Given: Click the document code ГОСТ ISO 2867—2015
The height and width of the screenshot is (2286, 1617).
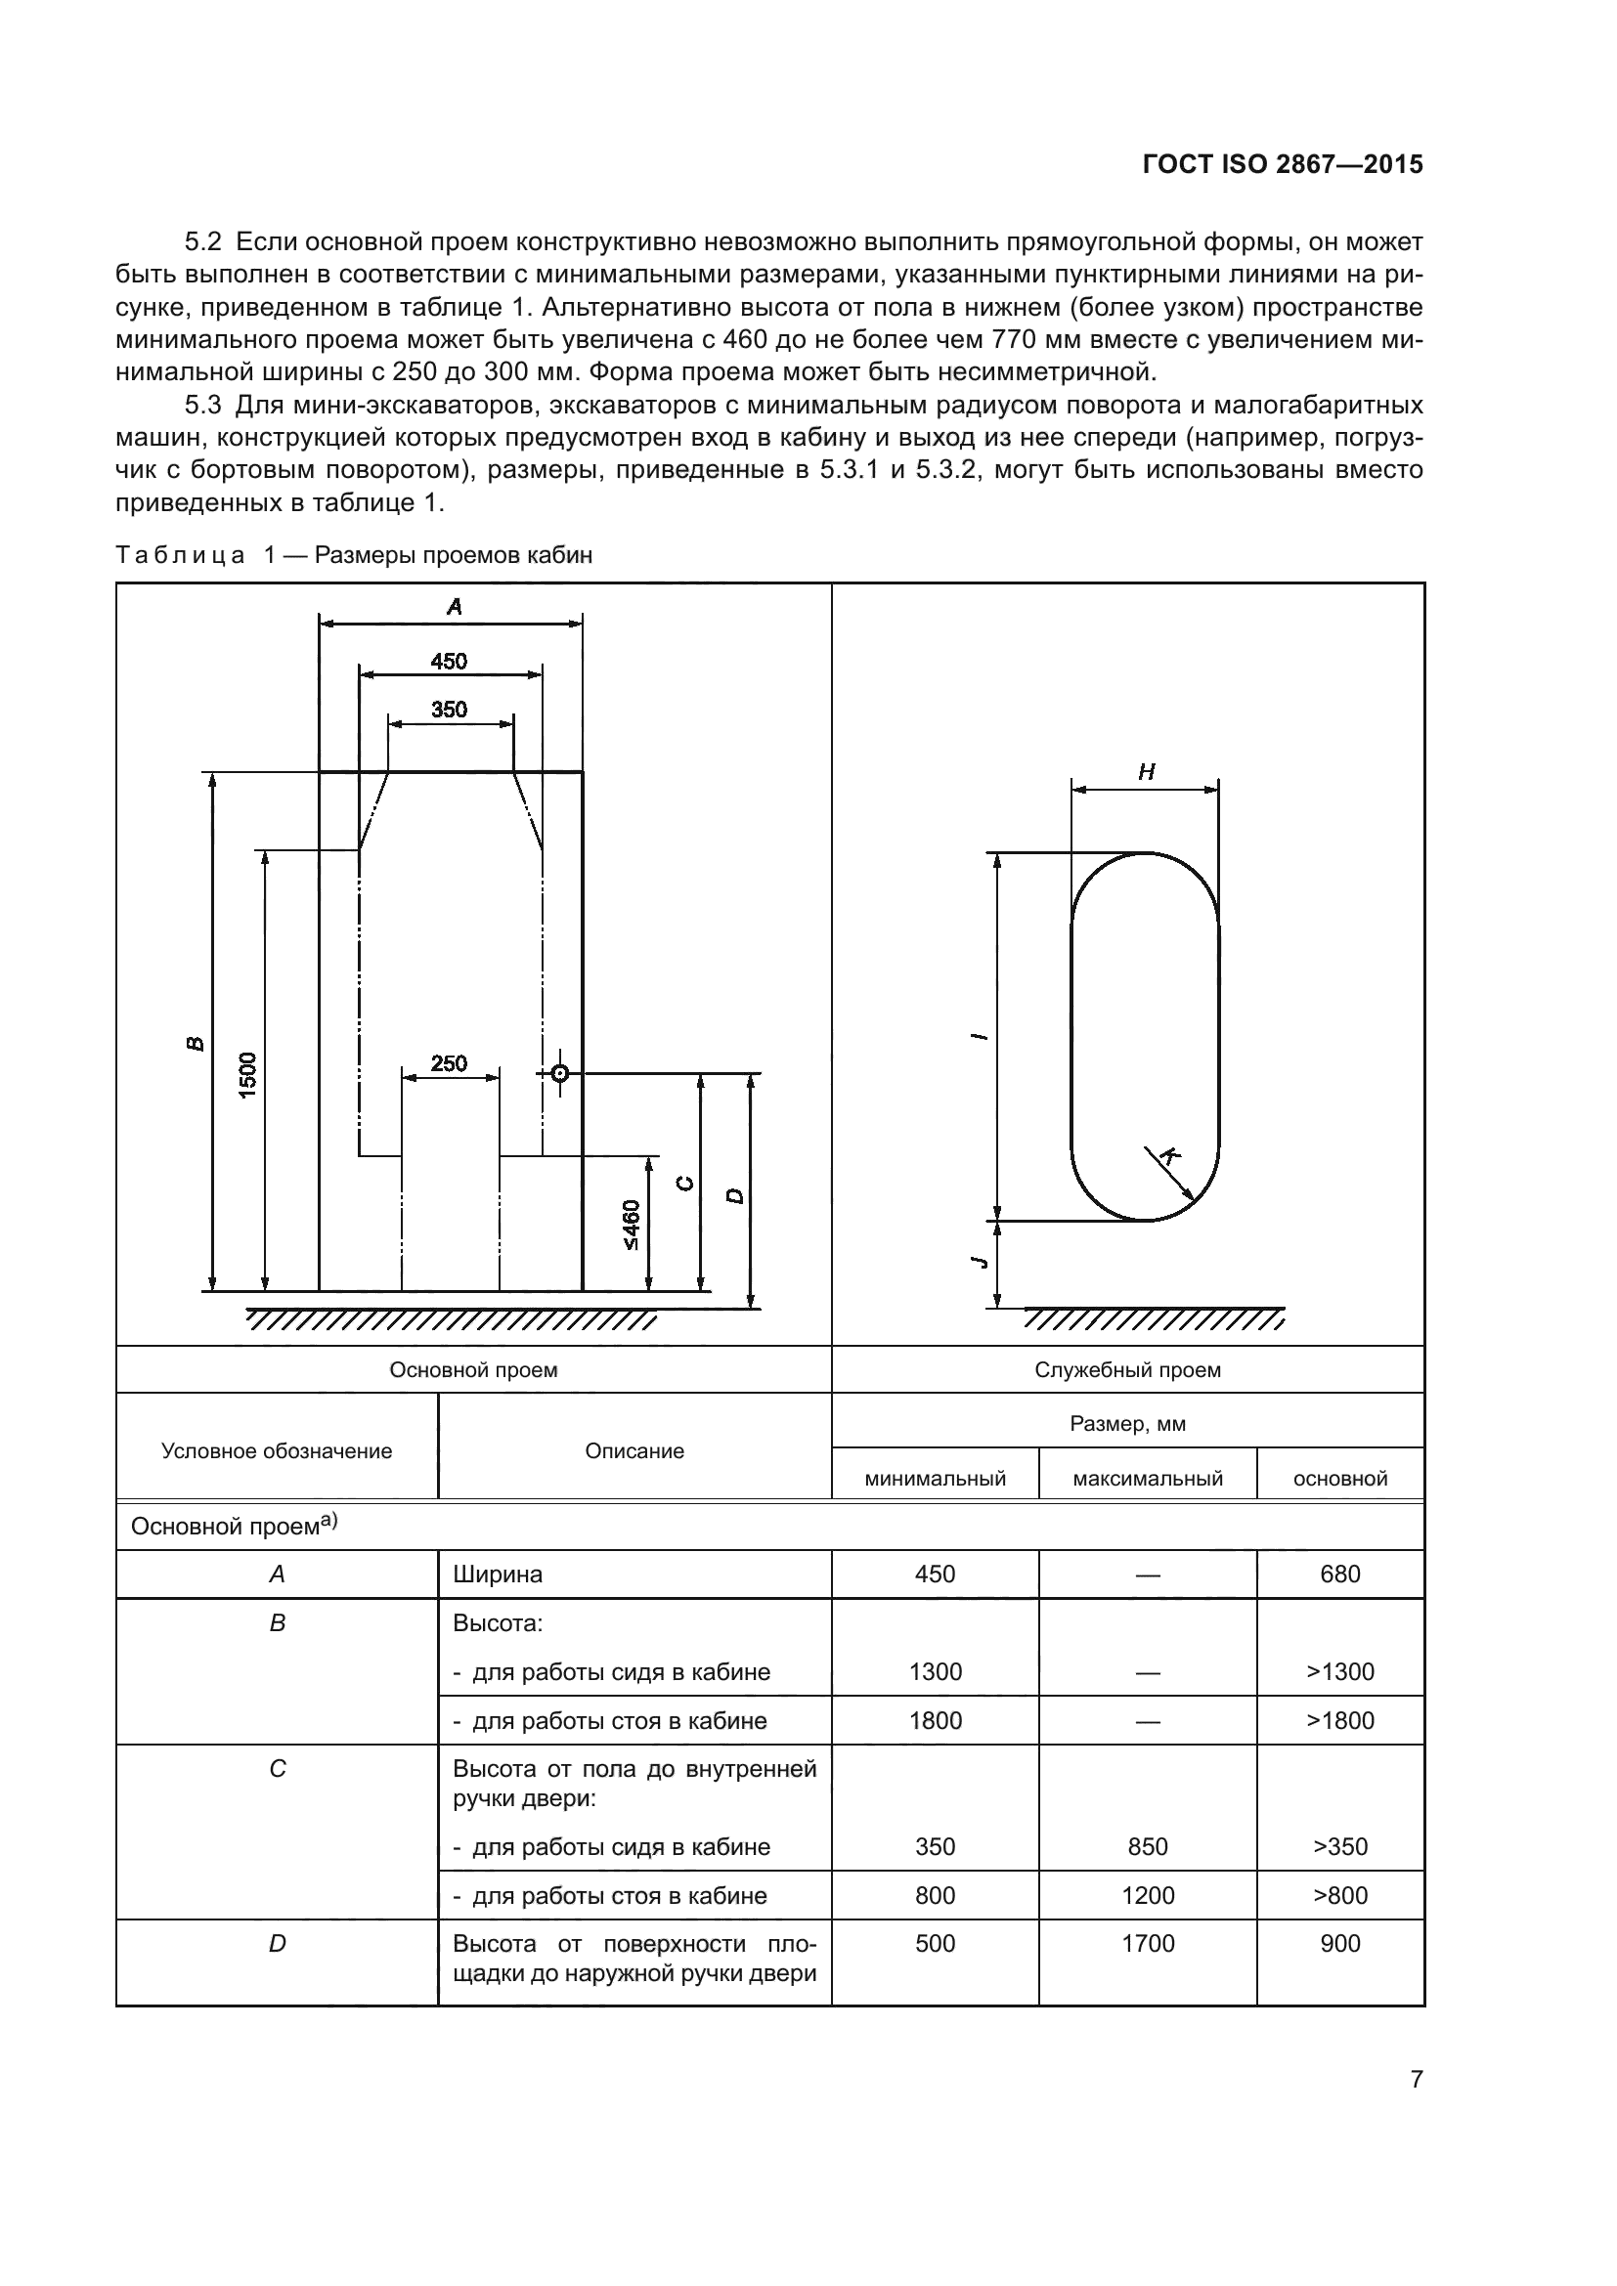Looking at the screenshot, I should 1283,165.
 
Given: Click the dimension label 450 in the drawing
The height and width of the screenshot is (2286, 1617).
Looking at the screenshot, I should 449,661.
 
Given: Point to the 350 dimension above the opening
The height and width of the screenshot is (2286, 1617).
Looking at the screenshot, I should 449,709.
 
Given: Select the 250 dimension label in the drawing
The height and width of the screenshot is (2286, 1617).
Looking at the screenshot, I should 449,1063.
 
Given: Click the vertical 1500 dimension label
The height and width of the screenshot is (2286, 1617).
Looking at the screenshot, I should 248,1075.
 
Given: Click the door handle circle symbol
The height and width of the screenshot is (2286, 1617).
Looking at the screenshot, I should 559,1073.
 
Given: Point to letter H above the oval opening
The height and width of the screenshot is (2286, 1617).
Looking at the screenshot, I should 1146,772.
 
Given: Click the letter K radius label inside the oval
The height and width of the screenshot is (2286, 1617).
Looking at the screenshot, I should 1172,1156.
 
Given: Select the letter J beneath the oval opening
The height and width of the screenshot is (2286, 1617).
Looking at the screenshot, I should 981,1262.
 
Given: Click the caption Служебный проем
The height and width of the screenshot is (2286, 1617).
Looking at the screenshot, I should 1127,1370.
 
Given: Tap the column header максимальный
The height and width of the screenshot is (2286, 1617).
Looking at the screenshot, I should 1147,1479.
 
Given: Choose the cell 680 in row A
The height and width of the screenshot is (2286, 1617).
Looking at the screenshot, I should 1339,1574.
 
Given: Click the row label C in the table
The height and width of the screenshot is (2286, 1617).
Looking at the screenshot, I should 278,1768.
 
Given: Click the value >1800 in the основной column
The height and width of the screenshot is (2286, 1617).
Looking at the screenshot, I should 1339,1720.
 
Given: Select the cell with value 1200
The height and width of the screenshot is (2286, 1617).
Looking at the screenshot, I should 1147,1895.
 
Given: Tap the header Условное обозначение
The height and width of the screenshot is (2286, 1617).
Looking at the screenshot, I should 277,1450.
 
